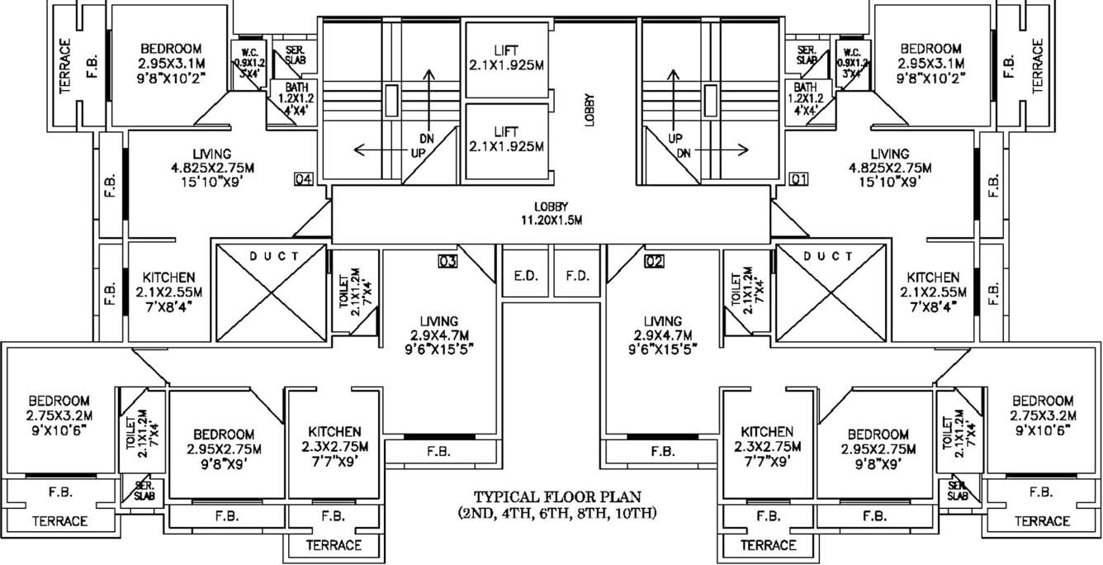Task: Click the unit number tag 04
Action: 303,178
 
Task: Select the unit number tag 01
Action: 798,178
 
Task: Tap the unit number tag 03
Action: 448,262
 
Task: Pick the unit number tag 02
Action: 654,262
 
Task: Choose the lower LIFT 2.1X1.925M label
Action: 505,140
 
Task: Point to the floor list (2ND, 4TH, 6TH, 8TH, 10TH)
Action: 557,513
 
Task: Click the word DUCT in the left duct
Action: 274,256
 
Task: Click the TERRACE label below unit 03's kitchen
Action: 334,545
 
